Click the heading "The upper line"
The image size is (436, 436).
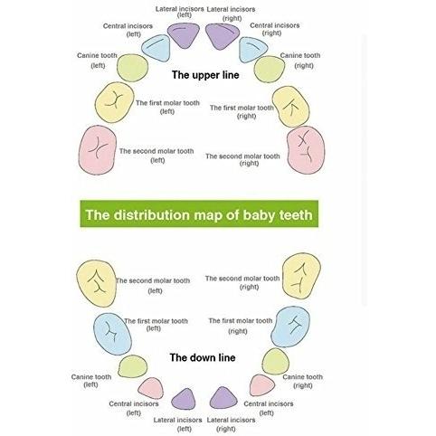205,75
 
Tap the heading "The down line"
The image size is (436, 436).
203,357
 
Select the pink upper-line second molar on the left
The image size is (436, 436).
98,150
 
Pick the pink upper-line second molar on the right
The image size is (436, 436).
306,150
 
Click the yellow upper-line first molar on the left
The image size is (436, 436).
114,102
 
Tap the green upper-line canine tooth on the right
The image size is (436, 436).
270,69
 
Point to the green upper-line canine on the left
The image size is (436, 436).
132,68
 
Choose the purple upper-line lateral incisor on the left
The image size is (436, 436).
184,35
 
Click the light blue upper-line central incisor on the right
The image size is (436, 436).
252,49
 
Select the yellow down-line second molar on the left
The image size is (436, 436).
97,283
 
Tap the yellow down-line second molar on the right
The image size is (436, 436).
301,276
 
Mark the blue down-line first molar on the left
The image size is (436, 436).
112,334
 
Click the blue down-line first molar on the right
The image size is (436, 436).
290,327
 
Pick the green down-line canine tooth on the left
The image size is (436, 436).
133,366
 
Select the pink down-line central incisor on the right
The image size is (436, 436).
261,385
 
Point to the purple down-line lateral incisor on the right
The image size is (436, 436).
223,399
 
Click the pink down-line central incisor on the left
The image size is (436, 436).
151,388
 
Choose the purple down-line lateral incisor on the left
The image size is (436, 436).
184,400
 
